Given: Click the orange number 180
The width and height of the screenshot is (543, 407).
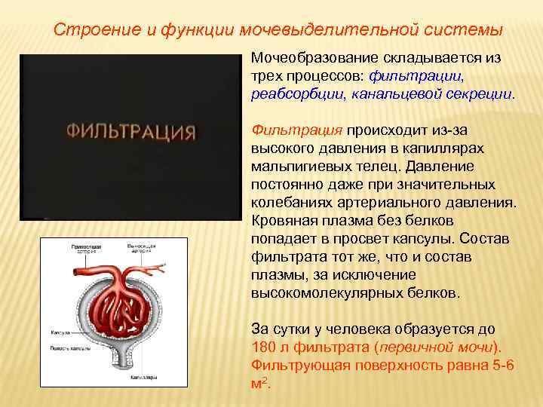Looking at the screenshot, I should click(x=263, y=347).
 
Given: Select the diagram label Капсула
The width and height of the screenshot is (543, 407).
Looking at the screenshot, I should click(x=61, y=332).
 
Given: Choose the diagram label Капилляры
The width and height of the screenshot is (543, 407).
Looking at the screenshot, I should click(x=143, y=377).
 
